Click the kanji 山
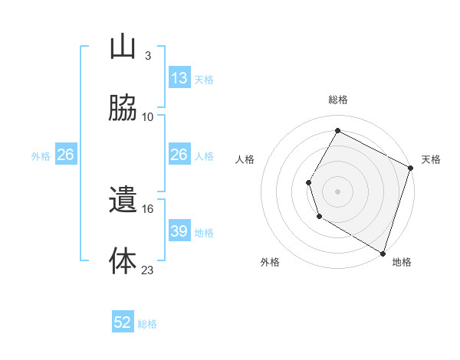(x=123, y=47)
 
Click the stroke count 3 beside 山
(x=147, y=56)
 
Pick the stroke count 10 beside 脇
(x=148, y=117)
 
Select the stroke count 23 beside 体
(x=148, y=270)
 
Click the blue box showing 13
(x=179, y=78)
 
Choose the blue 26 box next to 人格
(x=179, y=155)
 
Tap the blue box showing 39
(x=179, y=231)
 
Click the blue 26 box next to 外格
(x=66, y=155)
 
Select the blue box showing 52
(x=123, y=322)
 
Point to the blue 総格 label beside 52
(x=148, y=324)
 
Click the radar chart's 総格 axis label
(x=338, y=100)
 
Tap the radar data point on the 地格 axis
(x=383, y=252)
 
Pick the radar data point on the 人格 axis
(x=308, y=182)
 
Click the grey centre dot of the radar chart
(x=337, y=191)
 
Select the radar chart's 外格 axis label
(x=270, y=262)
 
